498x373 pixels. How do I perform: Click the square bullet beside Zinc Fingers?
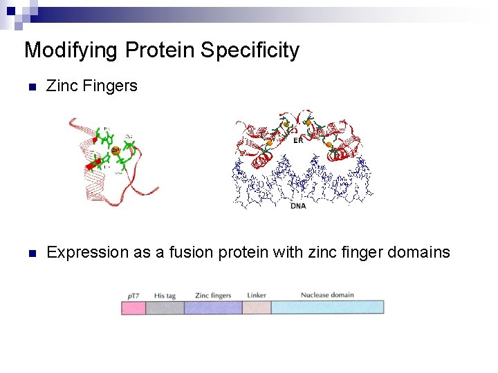tap(30, 88)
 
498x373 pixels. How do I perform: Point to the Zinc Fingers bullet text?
tap(91, 86)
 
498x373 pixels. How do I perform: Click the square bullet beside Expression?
tap(30, 254)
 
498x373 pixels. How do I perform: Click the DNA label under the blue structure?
tap(298, 206)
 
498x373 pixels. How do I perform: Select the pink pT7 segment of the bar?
tap(133, 307)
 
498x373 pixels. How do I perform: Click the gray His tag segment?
tap(165, 307)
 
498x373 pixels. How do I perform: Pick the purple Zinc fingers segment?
tap(213, 307)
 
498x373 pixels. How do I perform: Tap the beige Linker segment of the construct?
tap(257, 307)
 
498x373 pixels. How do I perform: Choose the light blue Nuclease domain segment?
tap(327, 307)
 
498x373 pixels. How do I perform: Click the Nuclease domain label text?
tap(327, 295)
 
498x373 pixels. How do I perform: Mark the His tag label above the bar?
tap(165, 296)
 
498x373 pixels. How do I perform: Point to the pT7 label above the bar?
tap(133, 296)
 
